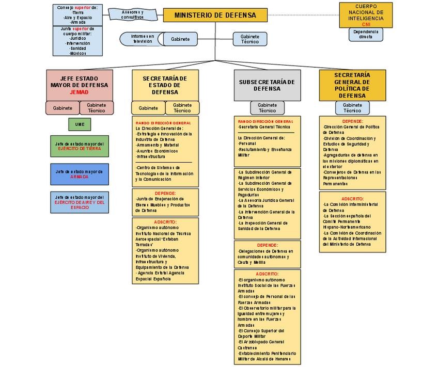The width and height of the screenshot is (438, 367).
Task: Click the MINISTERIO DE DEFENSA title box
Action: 215,15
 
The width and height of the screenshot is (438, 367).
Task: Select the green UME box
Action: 80,124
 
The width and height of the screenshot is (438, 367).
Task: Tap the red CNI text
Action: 366,24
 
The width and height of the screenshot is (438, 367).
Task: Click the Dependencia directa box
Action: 366,35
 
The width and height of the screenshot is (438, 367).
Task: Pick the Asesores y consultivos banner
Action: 133,14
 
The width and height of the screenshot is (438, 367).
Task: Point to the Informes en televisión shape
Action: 143,39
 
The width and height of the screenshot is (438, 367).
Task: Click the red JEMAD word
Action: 79,92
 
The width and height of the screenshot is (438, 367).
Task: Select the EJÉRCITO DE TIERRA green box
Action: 80,146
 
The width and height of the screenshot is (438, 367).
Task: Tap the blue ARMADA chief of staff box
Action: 80,174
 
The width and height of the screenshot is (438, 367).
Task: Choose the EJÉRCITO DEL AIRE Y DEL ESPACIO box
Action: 80,202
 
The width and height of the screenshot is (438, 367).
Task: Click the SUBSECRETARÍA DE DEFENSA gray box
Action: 267,85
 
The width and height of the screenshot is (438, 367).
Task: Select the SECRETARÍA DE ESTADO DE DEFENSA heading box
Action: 165,85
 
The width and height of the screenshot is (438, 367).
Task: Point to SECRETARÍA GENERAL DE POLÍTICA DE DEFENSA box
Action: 352,85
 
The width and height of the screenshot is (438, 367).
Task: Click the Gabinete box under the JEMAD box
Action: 62,108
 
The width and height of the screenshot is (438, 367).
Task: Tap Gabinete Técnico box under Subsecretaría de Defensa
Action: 267,108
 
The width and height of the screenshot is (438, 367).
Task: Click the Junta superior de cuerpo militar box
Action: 78,41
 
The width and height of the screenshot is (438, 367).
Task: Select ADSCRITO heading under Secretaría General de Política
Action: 352,199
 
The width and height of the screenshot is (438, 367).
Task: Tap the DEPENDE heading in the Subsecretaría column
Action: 267,245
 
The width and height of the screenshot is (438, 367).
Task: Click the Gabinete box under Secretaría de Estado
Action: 148,108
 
